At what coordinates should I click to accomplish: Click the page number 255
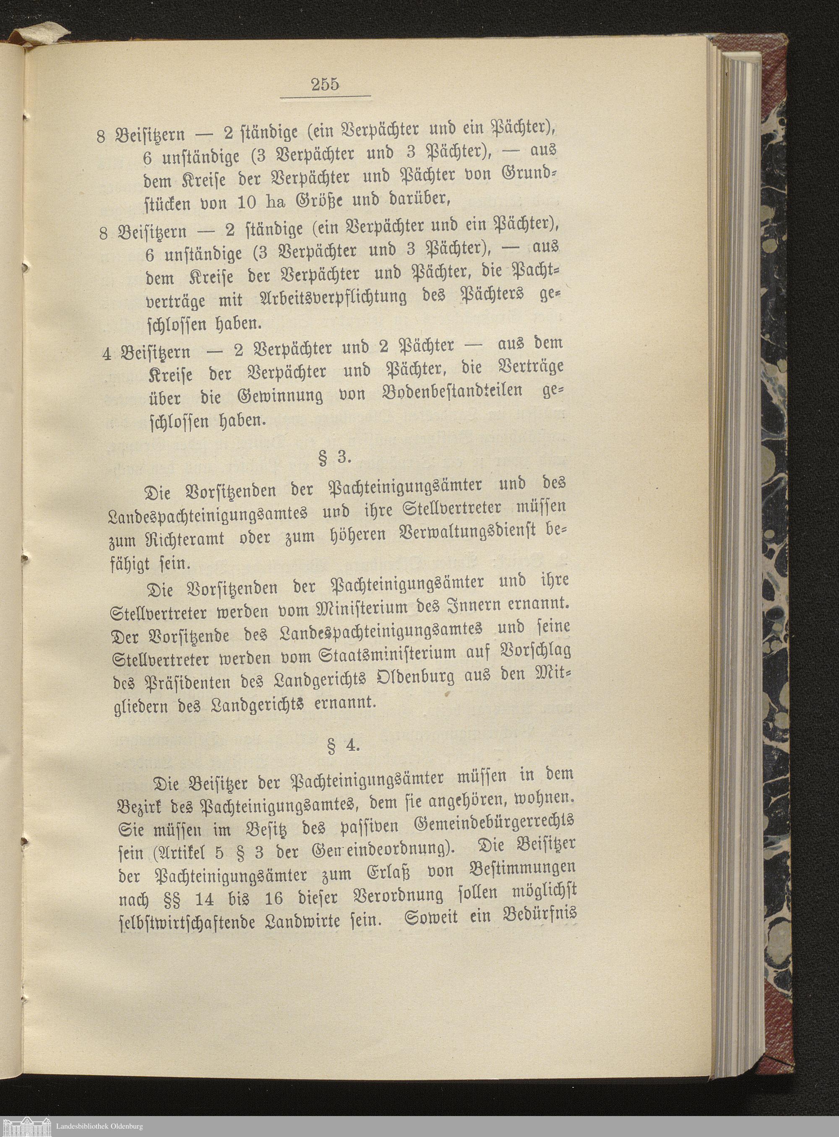325,84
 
